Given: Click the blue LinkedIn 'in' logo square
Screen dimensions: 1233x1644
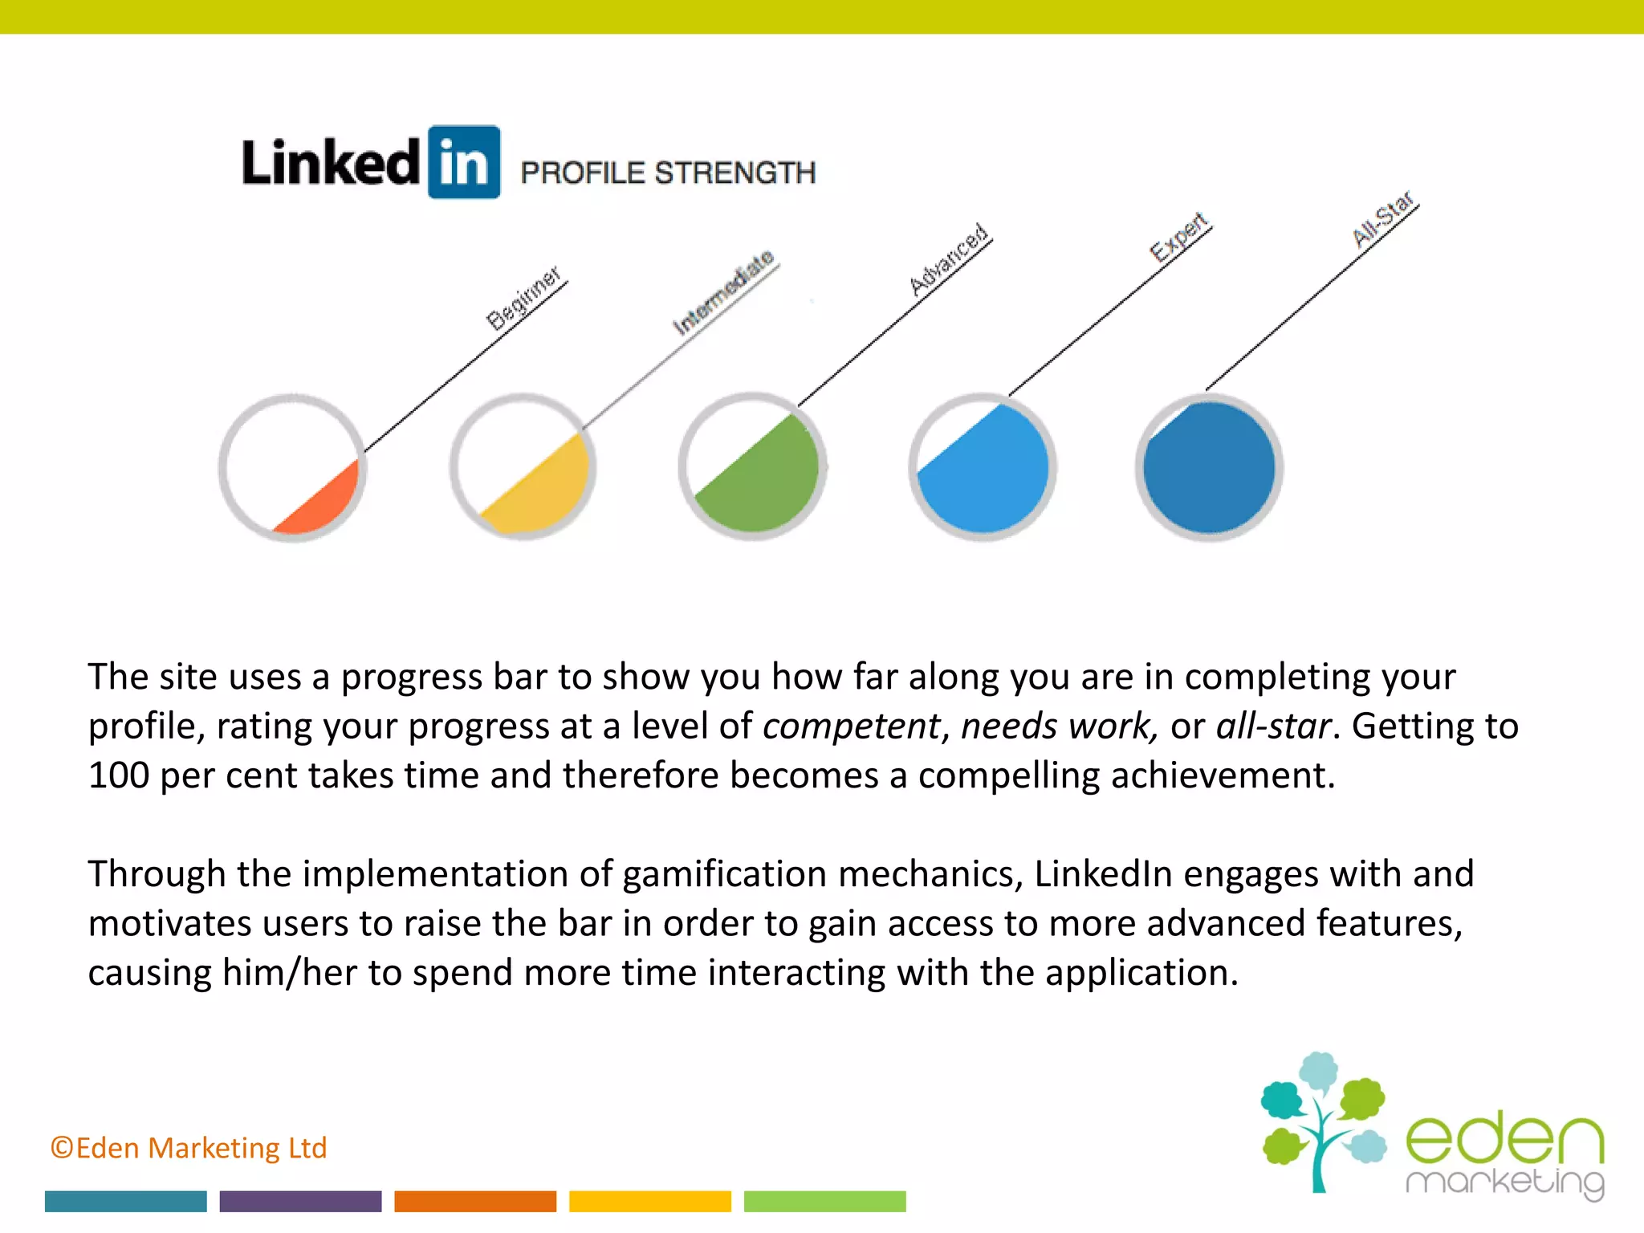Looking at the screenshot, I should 464,162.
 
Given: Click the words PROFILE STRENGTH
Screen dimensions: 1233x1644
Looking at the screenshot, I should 668,173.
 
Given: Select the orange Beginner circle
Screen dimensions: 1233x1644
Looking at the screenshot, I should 293,468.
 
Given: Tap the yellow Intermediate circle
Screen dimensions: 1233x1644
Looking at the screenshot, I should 523,468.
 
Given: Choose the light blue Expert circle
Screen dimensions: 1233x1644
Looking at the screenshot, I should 983,467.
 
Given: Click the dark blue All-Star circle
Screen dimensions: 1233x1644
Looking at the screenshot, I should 1209,467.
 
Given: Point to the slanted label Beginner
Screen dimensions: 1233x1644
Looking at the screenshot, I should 523,298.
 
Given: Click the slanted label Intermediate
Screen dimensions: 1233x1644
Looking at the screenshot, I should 723,292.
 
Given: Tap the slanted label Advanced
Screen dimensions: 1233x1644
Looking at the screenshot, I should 948,259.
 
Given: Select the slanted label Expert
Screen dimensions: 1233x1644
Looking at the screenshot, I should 1178,237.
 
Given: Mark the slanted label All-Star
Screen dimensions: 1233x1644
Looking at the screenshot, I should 1383,219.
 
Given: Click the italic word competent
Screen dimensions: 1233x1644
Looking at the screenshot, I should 851,726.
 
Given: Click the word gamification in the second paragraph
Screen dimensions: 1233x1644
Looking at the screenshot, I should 724,874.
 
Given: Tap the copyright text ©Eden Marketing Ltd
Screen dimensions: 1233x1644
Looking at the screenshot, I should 189,1148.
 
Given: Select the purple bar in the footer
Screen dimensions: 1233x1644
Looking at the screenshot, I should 300,1201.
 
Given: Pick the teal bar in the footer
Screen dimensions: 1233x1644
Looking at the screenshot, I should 126,1201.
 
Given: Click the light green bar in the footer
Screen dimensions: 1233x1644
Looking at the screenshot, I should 824,1201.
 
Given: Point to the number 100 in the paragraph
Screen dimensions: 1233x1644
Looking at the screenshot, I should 119,775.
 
